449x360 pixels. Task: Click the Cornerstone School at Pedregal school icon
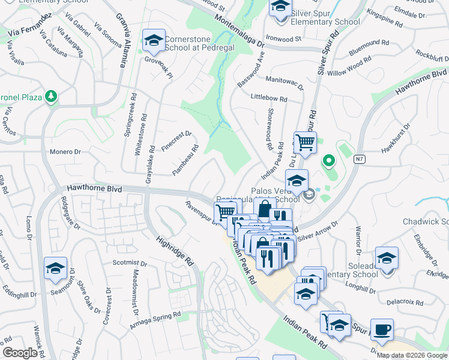coord(154,40)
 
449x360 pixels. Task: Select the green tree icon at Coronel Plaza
coord(52,96)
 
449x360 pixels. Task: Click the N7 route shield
coord(359,158)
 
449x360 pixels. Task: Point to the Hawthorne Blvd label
coord(94,188)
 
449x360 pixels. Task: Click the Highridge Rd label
coord(175,250)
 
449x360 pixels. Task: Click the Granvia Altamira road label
coord(124,40)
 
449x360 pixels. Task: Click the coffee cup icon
coord(382,329)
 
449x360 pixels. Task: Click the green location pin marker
coord(328,161)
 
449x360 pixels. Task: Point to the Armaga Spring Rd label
coord(155,321)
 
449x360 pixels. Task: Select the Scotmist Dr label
coord(129,263)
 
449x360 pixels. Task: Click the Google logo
coord(20,353)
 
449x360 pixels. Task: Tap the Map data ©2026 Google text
coord(412,355)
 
